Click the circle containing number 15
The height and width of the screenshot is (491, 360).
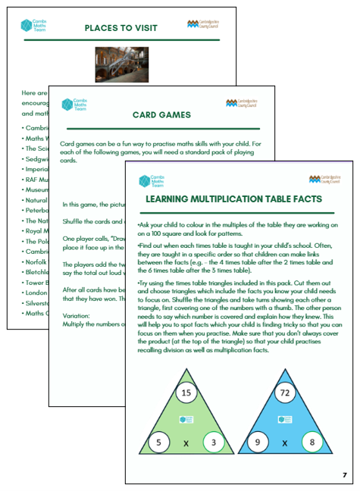coord(186,393)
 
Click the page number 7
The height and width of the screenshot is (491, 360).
coord(344,475)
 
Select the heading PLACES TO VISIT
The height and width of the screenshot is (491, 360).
coord(121,28)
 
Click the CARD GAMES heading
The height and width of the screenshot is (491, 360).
coord(161,116)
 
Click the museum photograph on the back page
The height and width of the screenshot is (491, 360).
coord(121,66)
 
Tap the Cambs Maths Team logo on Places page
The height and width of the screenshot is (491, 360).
coord(33,25)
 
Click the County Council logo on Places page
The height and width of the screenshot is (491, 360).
coord(204,24)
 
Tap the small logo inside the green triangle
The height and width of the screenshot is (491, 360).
coord(186,419)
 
